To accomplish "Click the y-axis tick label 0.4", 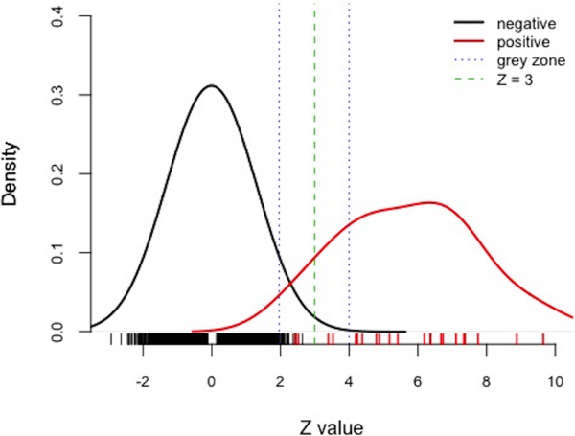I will [x=60, y=16].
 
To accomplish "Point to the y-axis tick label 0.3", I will [x=60, y=96].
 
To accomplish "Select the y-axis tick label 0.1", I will [x=60, y=253].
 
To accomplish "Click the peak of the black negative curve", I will [x=211, y=86].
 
